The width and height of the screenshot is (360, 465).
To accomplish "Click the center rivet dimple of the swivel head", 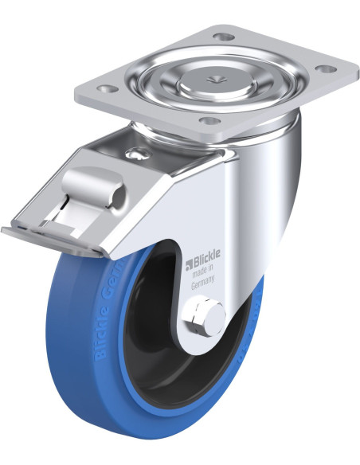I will click(x=213, y=77).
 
